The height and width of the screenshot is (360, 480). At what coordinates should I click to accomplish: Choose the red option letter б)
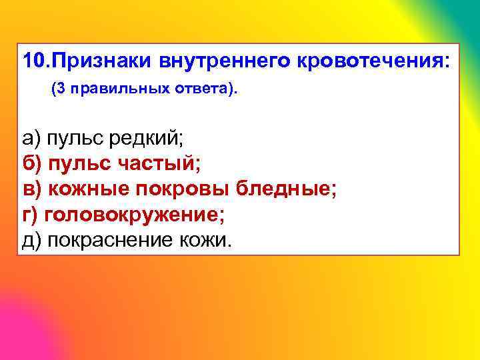click(x=31, y=163)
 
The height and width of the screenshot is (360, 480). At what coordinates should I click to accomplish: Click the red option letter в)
click(x=31, y=189)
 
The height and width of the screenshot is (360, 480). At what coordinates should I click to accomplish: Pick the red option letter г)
click(x=29, y=214)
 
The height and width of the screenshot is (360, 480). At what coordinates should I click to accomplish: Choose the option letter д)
click(x=31, y=239)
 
